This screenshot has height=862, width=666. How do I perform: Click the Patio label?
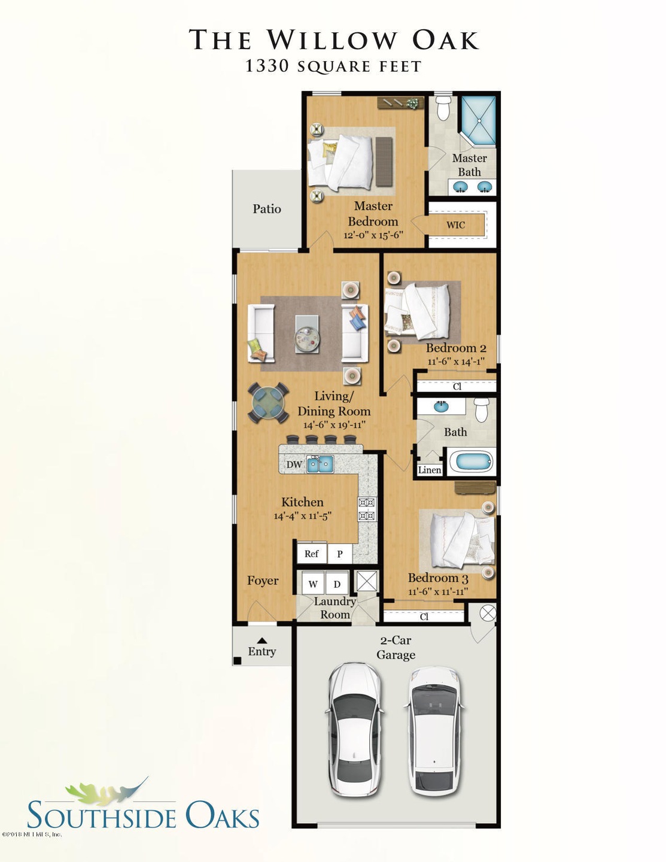266,209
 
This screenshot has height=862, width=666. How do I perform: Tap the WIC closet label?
455,225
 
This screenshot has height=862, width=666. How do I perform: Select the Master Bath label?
469,165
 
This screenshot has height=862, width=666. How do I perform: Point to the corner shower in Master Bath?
478,120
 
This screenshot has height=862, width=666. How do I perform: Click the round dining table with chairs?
268,403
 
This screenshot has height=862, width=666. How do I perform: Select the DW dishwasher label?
294,465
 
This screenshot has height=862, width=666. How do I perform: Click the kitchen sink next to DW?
320,464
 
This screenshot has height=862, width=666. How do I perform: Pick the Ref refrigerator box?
311,554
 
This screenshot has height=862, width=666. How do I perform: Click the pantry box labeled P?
340,554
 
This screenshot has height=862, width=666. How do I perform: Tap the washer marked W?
313,584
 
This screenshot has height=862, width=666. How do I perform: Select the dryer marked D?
337,584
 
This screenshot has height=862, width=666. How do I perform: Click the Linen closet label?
429,470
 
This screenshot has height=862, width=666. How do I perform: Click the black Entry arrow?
261,641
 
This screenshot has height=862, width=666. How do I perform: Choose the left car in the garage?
354,730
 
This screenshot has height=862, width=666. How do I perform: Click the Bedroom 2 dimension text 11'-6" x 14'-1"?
455,362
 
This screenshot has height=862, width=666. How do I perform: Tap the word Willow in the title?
332,40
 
